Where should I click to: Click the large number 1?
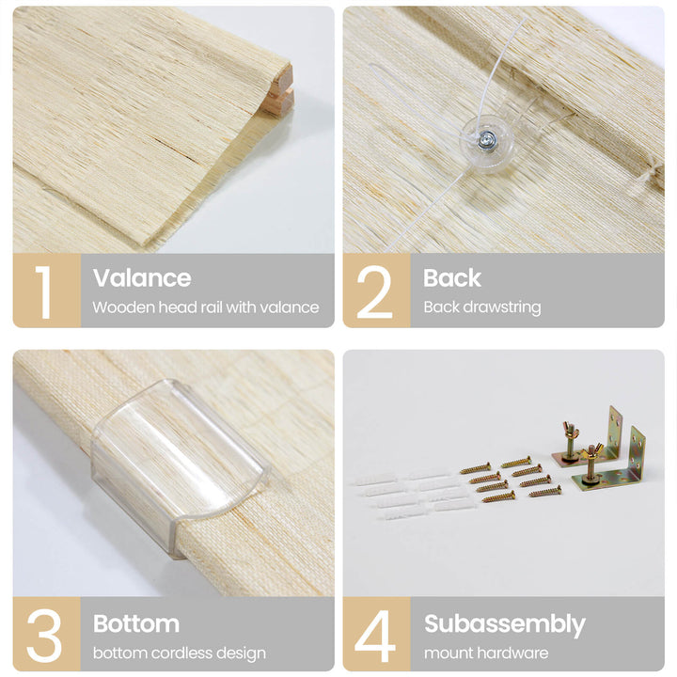point(43,292)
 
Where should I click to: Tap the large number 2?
point(374,292)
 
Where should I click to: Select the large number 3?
point(44,636)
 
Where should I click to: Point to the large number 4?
point(375,636)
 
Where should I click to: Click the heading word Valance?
point(142,277)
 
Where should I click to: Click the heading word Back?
point(452,277)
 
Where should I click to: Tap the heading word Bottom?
point(136,623)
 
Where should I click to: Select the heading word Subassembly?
point(505,624)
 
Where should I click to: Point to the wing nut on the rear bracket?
point(571,429)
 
